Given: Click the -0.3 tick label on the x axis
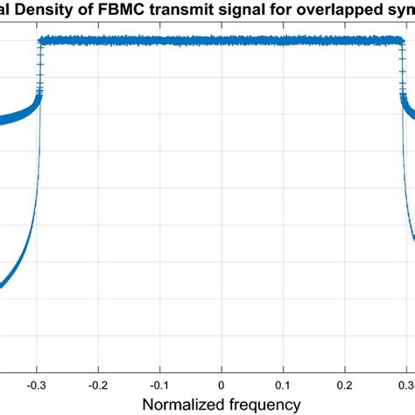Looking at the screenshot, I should tap(37, 384).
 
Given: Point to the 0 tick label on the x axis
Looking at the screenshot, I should tap(222, 384).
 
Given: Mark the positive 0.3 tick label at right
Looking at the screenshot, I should tap(405, 384).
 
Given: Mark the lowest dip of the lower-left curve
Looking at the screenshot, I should tap(2, 286).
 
